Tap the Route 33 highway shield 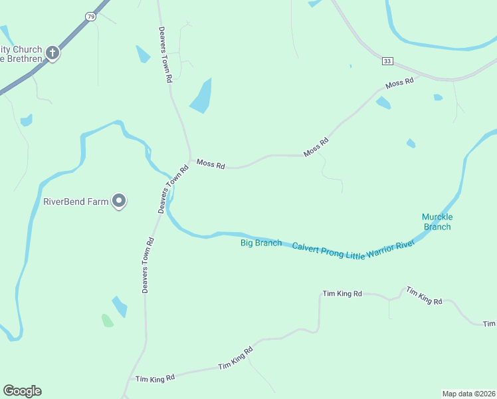click(388, 61)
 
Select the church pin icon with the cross click(52, 53)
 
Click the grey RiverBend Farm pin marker click(119, 200)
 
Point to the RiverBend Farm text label click(75, 201)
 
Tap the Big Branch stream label click(260, 243)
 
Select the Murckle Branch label click(437, 222)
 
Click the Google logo click(22, 391)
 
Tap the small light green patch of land click(107, 321)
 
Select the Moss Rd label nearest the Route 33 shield click(399, 84)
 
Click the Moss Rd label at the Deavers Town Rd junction click(211, 164)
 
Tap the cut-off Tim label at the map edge click(490, 324)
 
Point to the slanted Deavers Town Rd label click(173, 189)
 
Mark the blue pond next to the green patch click(120, 307)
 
